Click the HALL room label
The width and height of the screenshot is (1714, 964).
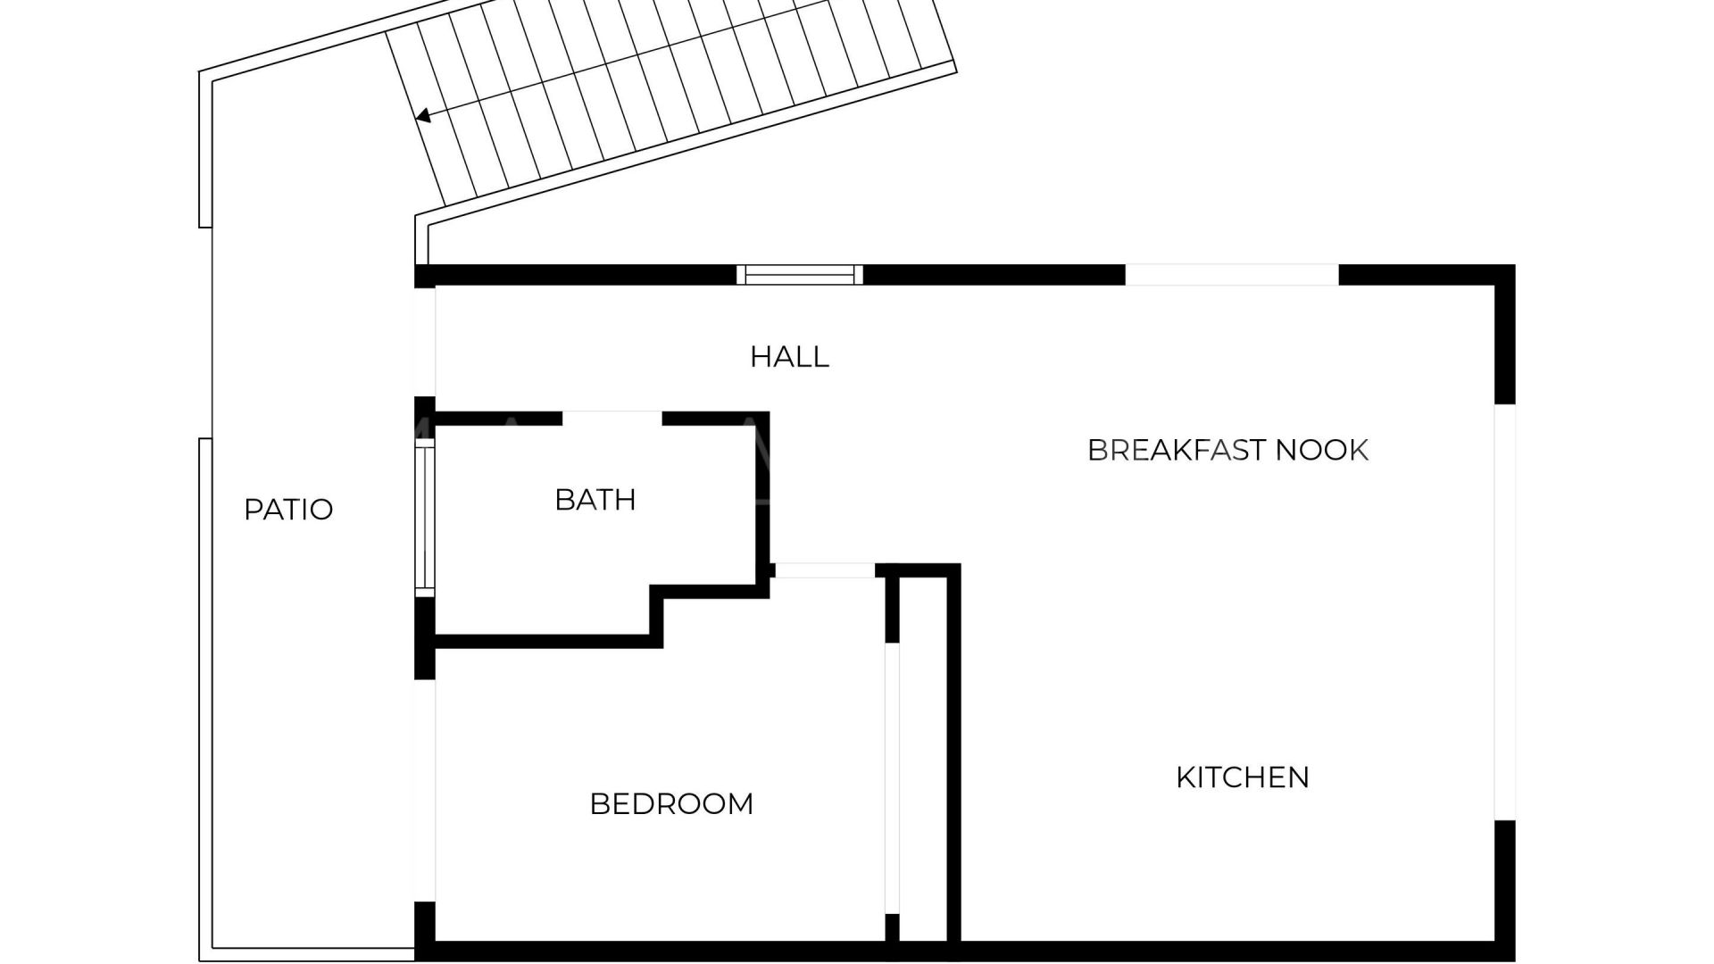[x=789, y=357]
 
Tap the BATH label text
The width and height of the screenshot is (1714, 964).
[x=595, y=500]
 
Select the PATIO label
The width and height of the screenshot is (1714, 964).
[x=288, y=510]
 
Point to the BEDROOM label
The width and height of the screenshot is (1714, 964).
[x=671, y=804]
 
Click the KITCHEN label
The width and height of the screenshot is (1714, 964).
[x=1243, y=777]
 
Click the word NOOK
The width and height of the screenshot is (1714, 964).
[x=1322, y=450]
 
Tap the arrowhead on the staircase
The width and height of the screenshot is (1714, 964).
[x=424, y=115]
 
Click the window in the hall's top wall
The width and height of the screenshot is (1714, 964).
[x=800, y=275]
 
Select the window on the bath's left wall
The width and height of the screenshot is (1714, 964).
[x=425, y=519]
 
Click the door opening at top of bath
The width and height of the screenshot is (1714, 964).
[x=612, y=419]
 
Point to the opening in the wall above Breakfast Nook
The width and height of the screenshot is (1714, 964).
[x=1232, y=275]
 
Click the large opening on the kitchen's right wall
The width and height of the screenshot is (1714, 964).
[x=1505, y=612]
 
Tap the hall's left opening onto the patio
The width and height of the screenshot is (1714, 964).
[x=425, y=342]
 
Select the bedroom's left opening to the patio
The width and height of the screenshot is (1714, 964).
[x=425, y=791]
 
